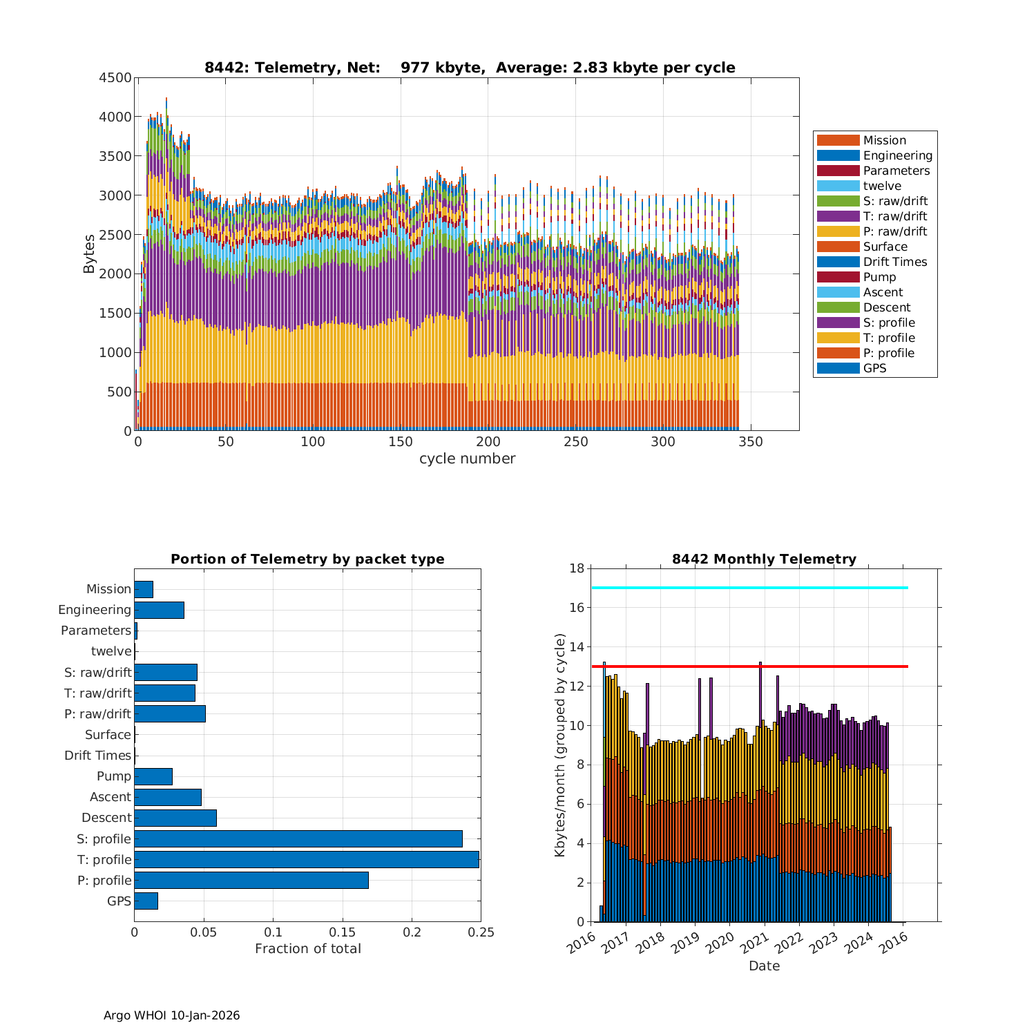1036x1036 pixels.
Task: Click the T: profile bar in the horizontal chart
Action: tap(307, 859)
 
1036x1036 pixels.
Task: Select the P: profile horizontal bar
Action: tap(251, 880)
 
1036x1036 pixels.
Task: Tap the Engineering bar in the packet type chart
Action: tap(159, 610)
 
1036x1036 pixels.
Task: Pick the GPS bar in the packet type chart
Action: tap(146, 901)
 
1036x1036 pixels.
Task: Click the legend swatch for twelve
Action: tap(838, 186)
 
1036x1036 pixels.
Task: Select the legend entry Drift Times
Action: tap(894, 262)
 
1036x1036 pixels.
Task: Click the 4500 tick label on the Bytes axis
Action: tap(115, 78)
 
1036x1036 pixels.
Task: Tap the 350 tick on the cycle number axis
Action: tap(750, 442)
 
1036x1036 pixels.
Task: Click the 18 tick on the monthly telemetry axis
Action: tap(577, 568)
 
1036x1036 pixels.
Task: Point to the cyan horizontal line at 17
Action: tap(749, 588)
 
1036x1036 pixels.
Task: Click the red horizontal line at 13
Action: tap(749, 666)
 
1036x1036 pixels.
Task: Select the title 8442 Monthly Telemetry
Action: tap(764, 559)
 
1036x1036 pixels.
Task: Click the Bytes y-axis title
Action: tap(89, 254)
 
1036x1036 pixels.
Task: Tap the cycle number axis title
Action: tap(467, 459)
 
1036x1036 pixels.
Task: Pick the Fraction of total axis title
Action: tap(307, 949)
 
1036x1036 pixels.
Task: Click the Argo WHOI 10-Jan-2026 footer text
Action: tap(171, 1015)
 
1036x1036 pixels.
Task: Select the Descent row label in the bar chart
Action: tap(106, 818)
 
